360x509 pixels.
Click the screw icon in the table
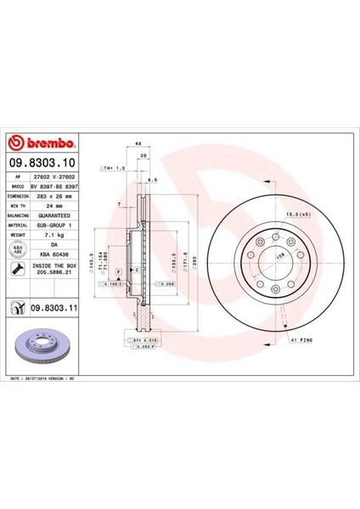(x=18, y=268)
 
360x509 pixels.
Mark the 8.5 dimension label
(x=152, y=181)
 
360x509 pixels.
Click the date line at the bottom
(x=53, y=379)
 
